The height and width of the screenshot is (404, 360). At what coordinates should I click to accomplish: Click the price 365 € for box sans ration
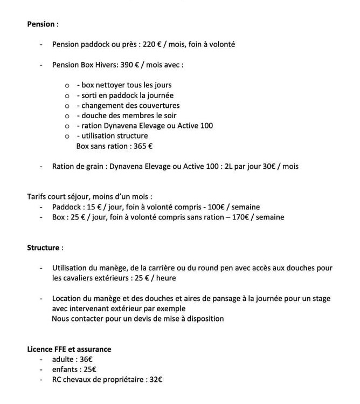point(142,146)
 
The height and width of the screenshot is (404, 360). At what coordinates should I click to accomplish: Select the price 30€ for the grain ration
point(260,166)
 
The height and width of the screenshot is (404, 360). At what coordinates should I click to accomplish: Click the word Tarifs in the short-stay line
point(37,196)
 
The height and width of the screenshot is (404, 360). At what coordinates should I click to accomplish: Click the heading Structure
point(43,248)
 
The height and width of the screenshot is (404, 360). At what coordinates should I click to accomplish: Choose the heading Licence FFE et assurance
point(69,349)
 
